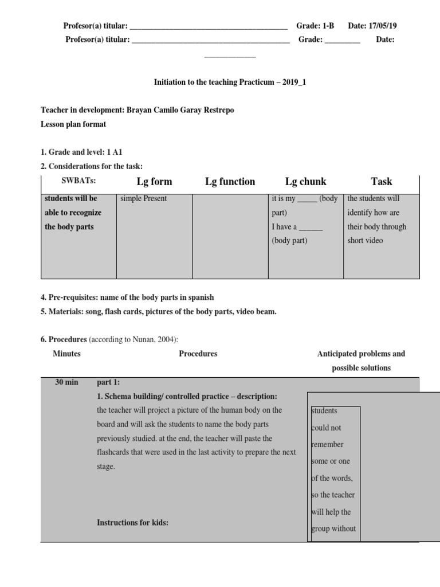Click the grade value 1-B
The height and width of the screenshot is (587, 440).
[327, 26]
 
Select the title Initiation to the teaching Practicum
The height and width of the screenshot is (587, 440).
[230, 83]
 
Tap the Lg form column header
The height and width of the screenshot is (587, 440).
[154, 182]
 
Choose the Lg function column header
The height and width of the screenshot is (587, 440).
[230, 182]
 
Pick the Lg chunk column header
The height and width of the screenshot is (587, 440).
[305, 182]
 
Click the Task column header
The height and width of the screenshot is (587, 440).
[381, 182]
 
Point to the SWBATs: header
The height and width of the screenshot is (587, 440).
[79, 182]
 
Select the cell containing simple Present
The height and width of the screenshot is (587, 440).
[144, 198]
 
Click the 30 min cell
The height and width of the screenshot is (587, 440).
[66, 382]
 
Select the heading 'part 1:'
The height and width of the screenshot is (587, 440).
[109, 382]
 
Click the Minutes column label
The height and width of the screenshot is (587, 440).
[66, 354]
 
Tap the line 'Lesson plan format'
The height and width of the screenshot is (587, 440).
[73, 124]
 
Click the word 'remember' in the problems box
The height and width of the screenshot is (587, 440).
[328, 444]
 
